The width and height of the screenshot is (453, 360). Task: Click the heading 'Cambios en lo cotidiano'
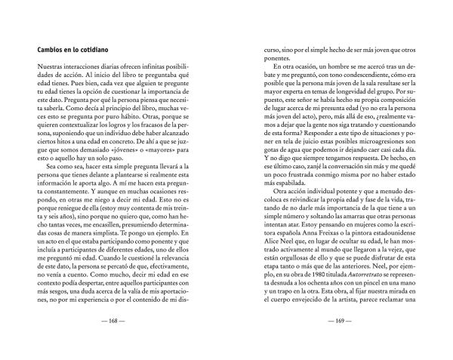(x=63, y=49)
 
